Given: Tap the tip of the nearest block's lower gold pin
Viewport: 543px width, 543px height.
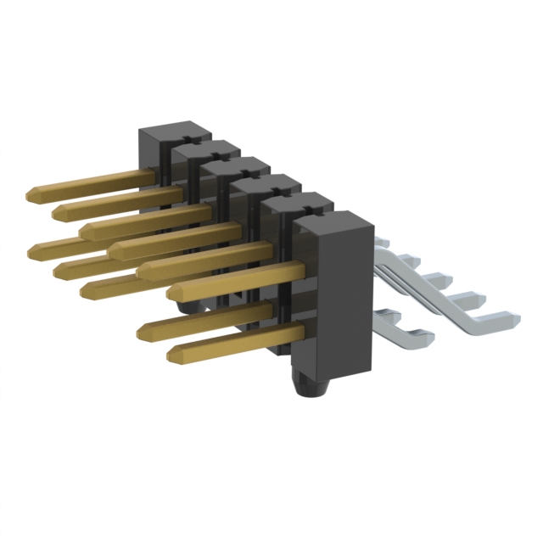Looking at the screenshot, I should pyautogui.click(x=174, y=354).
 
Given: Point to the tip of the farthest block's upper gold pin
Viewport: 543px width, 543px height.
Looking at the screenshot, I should pyautogui.click(x=33, y=193).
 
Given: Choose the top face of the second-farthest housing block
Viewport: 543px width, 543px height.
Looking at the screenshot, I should pyautogui.click(x=204, y=149).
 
